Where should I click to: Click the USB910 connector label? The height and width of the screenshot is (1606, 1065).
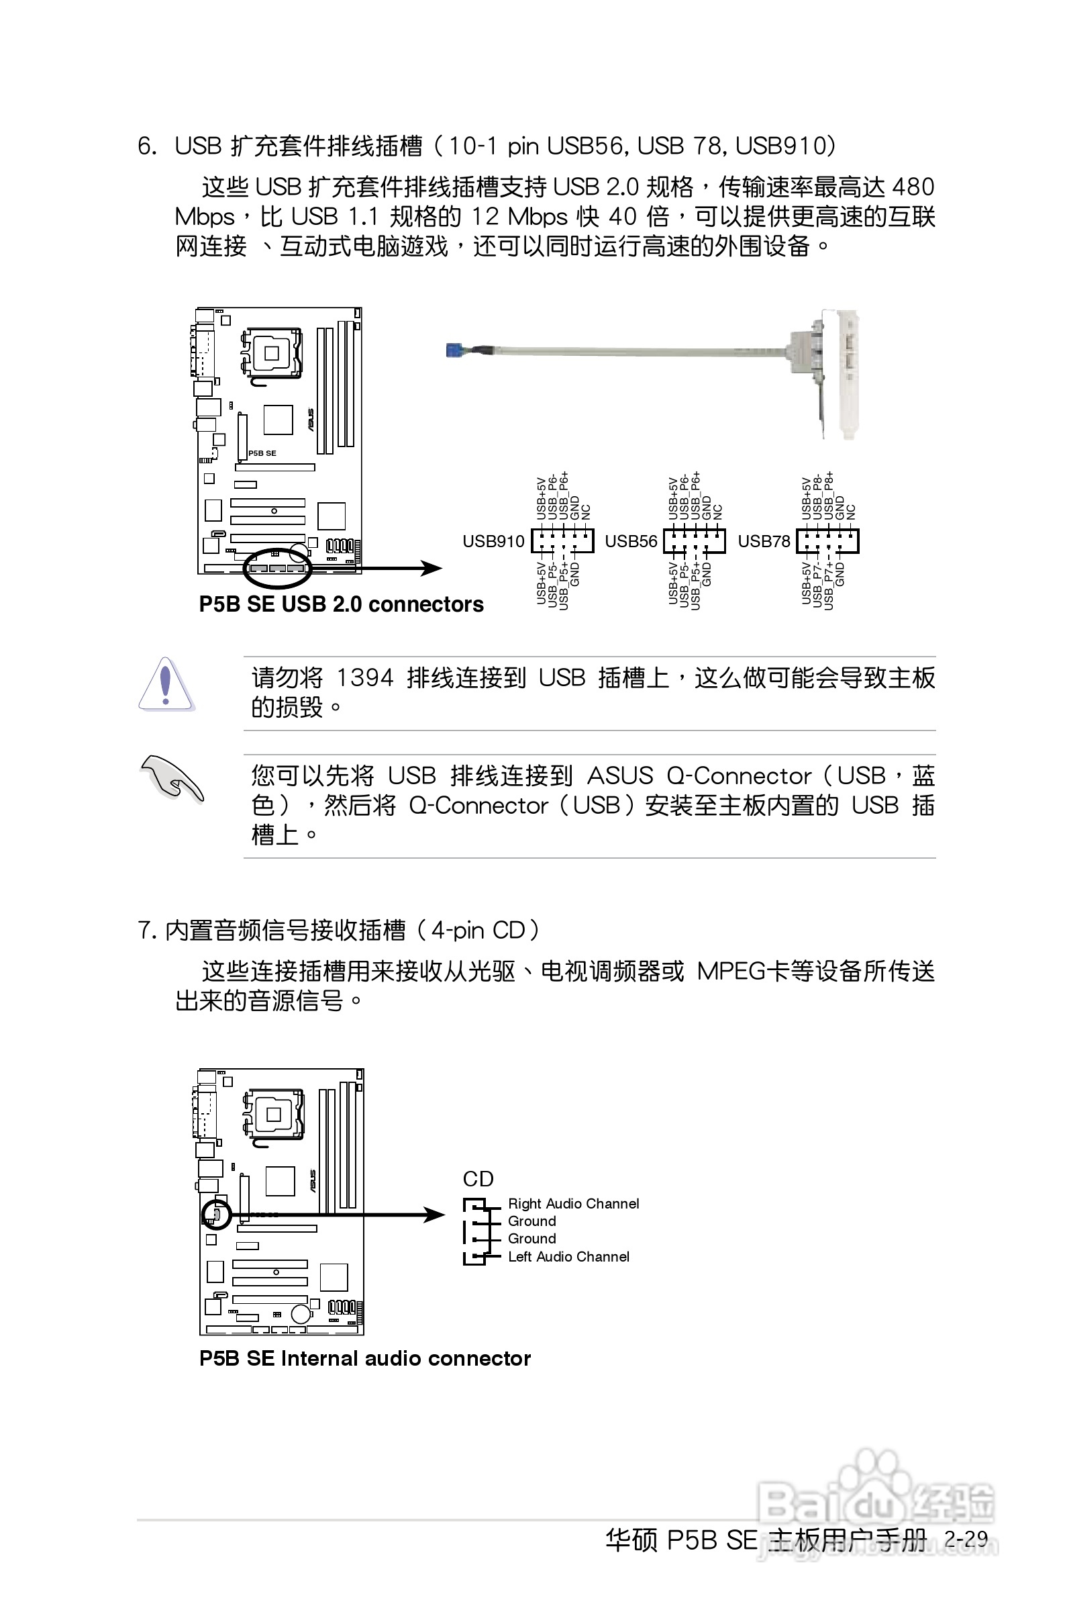493,540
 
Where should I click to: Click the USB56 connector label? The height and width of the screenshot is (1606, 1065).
630,540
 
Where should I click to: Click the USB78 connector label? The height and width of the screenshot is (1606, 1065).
764,540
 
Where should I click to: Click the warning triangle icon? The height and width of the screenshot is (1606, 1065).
166,685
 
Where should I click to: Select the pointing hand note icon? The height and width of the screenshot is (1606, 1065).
171,777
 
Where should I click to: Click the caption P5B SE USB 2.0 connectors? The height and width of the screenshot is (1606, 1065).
341,604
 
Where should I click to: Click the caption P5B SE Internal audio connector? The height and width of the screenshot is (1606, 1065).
365,1358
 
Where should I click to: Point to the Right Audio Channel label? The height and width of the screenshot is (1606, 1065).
573,1204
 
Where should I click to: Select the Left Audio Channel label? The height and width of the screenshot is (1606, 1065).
568,1257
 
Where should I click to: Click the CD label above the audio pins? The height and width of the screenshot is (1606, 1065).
478,1179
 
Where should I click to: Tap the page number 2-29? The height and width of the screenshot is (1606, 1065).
966,1538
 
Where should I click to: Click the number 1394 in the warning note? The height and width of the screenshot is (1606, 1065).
365,677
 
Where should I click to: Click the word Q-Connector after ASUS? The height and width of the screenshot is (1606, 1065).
739,775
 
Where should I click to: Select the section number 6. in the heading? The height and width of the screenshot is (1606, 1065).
147,146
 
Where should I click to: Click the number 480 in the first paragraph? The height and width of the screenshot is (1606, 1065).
913,186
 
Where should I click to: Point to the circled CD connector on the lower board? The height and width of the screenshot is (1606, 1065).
217,1214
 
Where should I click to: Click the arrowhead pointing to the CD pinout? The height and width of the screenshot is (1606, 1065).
434,1215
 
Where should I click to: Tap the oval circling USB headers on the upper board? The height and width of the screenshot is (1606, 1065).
277,568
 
